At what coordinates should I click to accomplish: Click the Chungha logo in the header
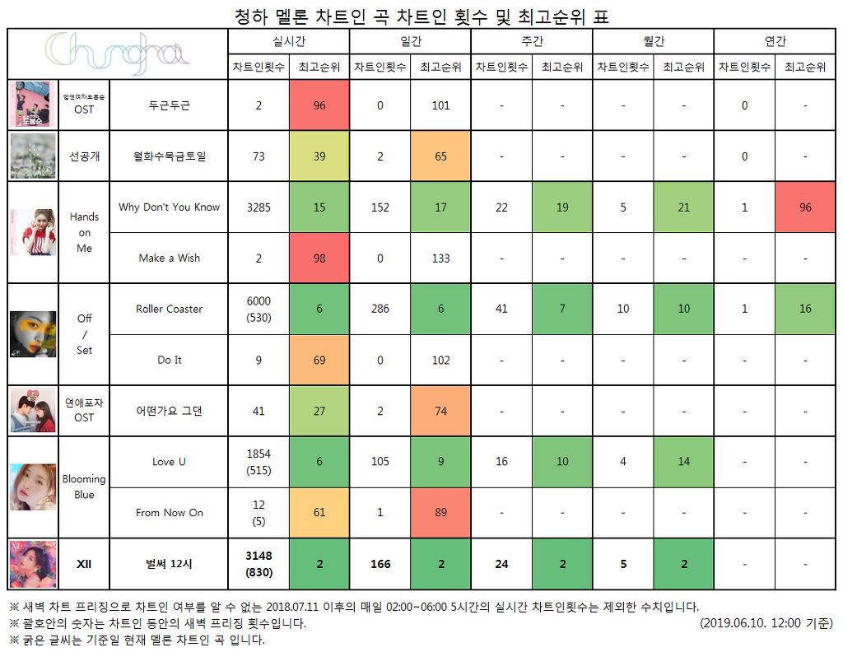coord(118,53)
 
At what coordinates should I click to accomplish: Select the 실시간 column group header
coord(289,40)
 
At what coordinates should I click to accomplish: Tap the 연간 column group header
coord(775,40)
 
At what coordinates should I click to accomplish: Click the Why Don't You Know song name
coord(169,207)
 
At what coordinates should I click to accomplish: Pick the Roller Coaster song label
coord(169,310)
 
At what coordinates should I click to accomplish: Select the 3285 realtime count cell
coord(258,207)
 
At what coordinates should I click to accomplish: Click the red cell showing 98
coord(319,258)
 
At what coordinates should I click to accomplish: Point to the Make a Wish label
coord(169,258)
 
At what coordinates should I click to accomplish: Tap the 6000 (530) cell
coord(258,310)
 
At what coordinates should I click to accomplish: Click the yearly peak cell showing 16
coord(805,310)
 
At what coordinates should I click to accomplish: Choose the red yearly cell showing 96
coord(805,207)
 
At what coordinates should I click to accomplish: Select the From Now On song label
coord(169,513)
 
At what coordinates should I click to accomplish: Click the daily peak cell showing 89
coord(440,513)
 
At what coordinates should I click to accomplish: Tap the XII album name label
coord(84,564)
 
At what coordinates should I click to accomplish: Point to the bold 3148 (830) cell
coord(258,564)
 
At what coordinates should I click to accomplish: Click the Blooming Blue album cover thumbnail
coord(33,487)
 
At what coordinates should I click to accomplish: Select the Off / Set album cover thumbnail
coord(33,334)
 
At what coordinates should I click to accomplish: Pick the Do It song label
coord(169,361)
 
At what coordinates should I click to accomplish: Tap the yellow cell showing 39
coord(319,156)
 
